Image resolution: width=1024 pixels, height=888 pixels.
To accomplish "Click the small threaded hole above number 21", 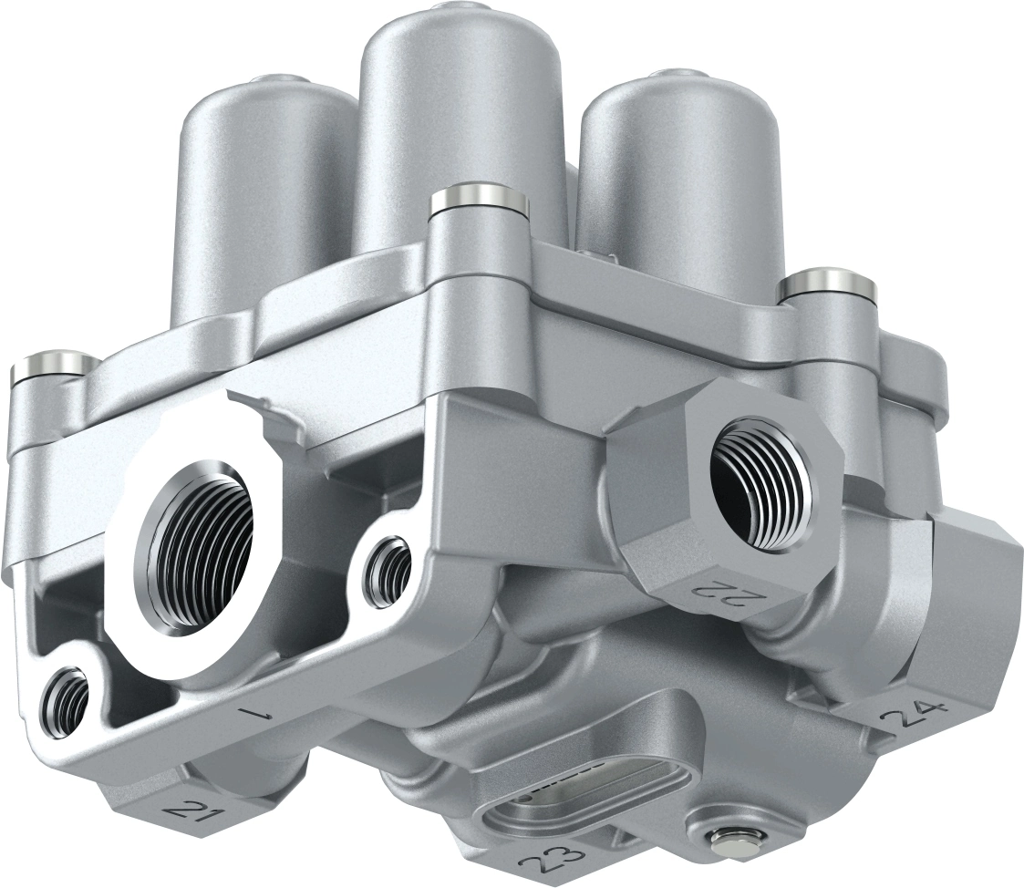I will (68, 698).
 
